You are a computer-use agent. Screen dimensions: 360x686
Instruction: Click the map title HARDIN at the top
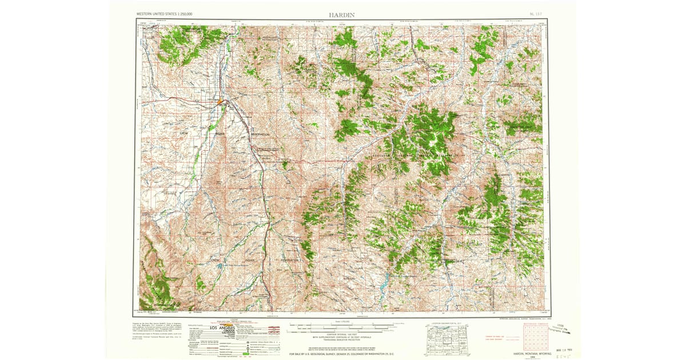click(342, 13)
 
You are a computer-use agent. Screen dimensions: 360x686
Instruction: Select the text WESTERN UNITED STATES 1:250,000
click(165, 13)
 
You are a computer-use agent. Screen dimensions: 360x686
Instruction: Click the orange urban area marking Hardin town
click(219, 102)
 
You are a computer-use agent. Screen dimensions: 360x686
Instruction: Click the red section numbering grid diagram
click(534, 339)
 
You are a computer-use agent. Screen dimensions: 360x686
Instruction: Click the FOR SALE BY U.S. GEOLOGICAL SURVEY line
click(342, 354)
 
